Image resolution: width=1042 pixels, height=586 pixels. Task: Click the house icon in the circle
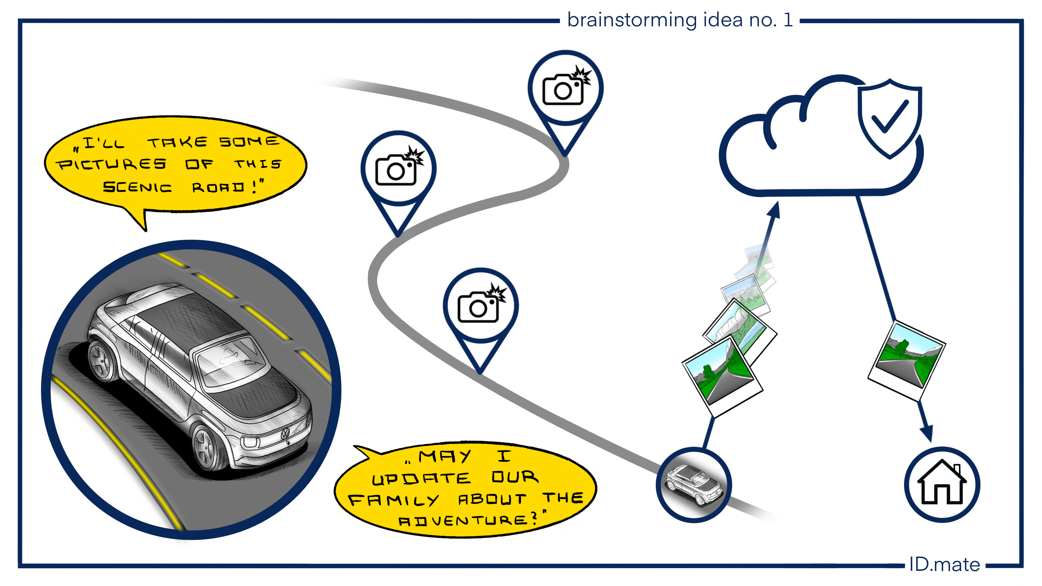(942, 484)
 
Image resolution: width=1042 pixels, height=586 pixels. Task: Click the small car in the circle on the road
(693, 485)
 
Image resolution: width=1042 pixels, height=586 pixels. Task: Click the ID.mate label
(944, 565)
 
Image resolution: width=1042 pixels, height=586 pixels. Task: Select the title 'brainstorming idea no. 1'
(679, 20)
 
